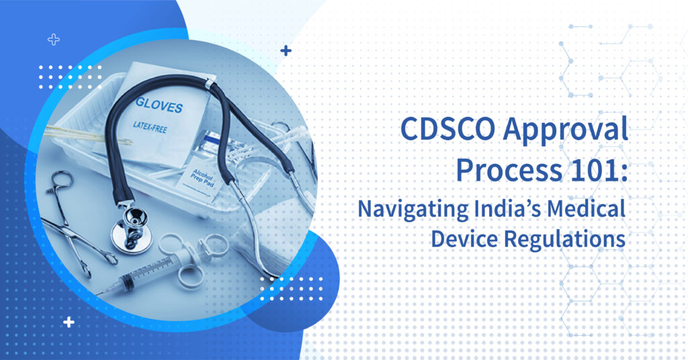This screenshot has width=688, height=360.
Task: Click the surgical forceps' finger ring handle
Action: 60,180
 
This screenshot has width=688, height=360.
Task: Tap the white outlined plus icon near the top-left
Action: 54,40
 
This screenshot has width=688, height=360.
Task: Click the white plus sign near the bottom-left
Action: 69,322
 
